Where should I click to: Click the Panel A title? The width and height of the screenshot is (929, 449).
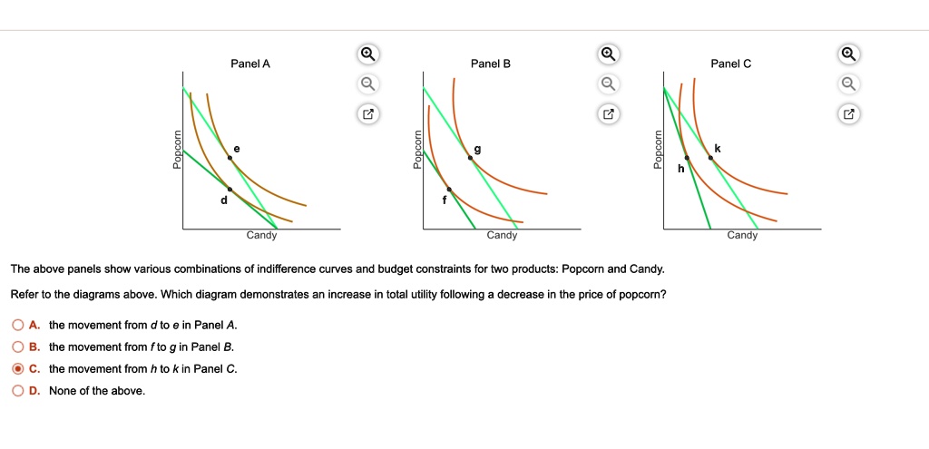click(250, 63)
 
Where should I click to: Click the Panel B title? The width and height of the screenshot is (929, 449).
click(491, 63)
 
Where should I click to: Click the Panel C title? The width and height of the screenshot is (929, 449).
click(731, 63)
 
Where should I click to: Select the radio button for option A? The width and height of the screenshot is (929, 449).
click(18, 325)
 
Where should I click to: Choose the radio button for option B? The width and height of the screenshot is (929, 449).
click(18, 347)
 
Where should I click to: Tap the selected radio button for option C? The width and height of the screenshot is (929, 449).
click(18, 368)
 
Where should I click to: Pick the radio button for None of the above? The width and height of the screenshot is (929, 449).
click(18, 390)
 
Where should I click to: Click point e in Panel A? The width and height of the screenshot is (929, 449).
click(230, 159)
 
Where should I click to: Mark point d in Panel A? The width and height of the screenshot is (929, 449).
click(229, 190)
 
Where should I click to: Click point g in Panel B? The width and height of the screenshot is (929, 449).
click(470, 159)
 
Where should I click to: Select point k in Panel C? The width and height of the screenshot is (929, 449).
click(710, 159)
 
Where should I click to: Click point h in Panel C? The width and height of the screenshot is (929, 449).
click(687, 159)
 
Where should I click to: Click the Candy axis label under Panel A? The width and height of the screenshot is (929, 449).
click(262, 236)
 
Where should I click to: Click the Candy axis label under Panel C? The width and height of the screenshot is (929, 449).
click(742, 236)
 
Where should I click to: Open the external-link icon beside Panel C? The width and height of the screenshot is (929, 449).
click(848, 115)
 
